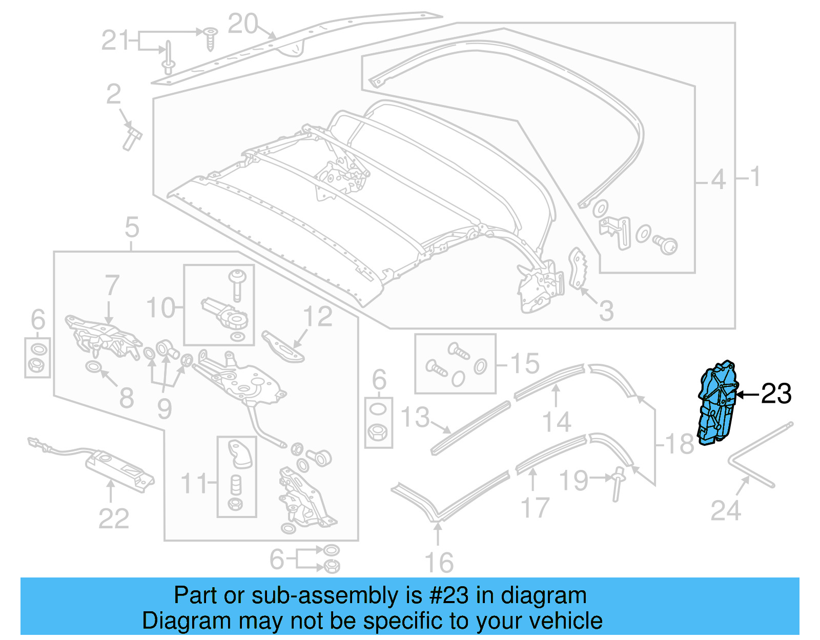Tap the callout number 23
point(776,394)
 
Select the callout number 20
point(242,24)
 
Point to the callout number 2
point(113,95)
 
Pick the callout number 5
point(132,227)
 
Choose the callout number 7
point(112,286)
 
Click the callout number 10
point(160,308)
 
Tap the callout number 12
point(318,317)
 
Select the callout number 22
point(113,519)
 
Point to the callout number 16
point(439,563)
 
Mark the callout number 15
point(525,364)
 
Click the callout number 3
point(606,311)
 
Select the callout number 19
point(573,481)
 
